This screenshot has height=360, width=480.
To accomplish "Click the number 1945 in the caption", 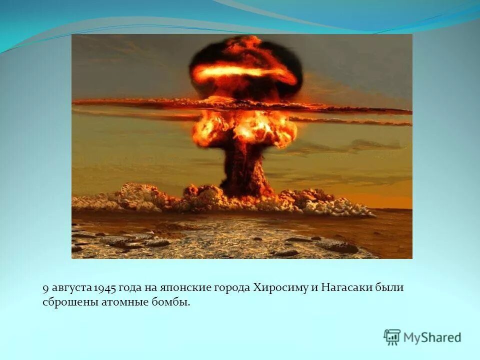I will click(x=105, y=288).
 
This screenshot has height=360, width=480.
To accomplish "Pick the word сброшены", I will click(x=64, y=302).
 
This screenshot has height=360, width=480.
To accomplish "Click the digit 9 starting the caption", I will click(x=45, y=288).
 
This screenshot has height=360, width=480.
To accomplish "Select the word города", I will click(x=232, y=288).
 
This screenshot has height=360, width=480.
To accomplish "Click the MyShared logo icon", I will click(x=392, y=337).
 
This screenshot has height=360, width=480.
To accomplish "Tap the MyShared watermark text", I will click(x=432, y=337).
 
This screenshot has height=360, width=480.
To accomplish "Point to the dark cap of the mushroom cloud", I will click(x=245, y=55).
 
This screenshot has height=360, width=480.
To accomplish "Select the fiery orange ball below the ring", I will click(x=243, y=127).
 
